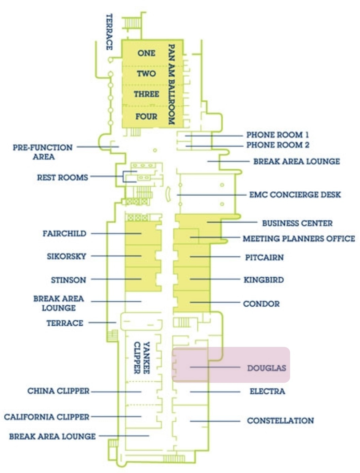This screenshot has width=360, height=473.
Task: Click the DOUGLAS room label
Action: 267,368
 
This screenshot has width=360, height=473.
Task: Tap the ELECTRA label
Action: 267,391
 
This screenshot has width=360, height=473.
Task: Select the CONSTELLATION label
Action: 280,421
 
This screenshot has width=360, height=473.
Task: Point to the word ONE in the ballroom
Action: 146,53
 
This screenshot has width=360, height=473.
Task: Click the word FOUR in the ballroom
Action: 146,117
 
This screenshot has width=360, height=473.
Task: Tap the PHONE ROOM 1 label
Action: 278,135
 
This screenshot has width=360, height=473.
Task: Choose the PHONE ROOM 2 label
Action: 278,145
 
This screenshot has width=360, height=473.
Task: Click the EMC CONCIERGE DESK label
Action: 295,195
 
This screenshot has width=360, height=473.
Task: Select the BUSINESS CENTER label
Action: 297,224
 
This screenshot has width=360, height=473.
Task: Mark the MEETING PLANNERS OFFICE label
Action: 299,239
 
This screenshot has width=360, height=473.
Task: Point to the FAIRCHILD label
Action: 64,234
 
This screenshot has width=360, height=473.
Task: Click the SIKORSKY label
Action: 66,256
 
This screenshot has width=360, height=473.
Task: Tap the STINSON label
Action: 69,280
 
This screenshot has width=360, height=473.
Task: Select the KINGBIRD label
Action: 264,280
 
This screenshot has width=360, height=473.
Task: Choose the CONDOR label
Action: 261,304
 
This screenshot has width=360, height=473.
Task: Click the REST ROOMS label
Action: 62,178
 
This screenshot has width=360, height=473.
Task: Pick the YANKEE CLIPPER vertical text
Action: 142,358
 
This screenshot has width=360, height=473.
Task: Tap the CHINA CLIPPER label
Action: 58,391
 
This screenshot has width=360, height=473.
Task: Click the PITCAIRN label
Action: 264,258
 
